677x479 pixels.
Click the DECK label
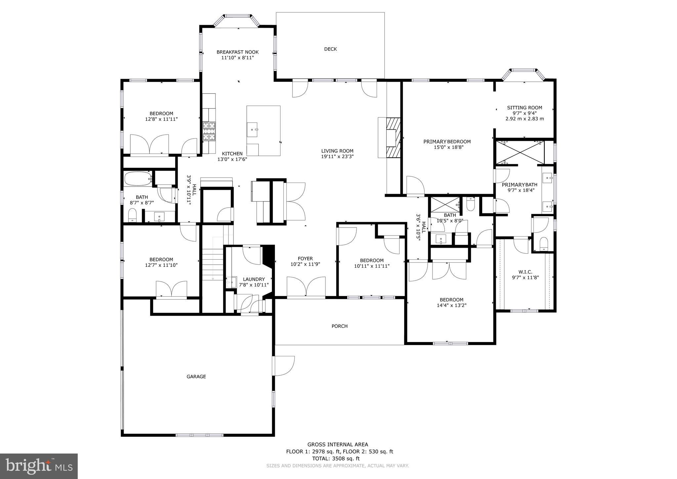330,49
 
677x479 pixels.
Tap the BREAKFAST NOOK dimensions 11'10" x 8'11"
237,58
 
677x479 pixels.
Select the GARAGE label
196,376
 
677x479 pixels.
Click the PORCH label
339,326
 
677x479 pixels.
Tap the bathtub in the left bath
138,179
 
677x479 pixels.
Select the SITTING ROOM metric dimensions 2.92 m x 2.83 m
525,118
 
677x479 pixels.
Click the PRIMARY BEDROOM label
447,142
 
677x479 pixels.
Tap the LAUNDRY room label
254,279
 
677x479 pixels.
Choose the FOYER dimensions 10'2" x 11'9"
305,264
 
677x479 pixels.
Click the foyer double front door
306,287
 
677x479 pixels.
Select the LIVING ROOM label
337,151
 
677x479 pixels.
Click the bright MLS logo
39,466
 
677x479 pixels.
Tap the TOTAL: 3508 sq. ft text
336,458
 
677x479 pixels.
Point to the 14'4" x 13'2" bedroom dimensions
451,305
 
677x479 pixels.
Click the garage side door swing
284,366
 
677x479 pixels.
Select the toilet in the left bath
132,215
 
